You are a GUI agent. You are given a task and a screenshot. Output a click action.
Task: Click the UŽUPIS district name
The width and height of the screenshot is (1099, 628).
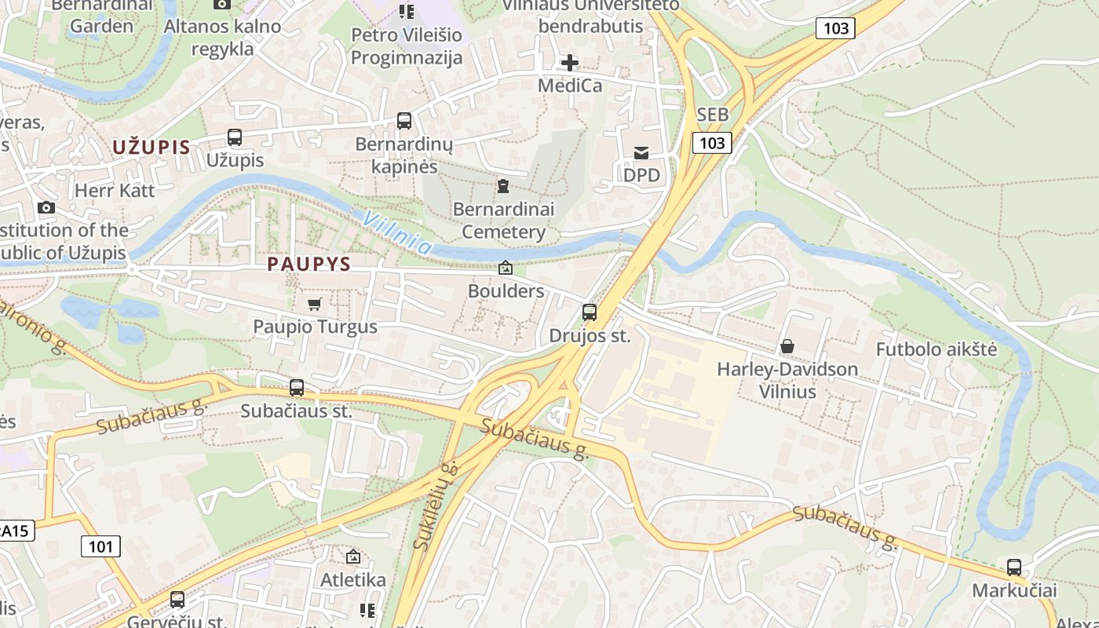point(151,147)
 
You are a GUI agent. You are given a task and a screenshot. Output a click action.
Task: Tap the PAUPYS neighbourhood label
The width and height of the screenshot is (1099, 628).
point(309,264)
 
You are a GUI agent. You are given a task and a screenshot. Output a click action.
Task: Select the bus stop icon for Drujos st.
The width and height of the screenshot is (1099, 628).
point(590,312)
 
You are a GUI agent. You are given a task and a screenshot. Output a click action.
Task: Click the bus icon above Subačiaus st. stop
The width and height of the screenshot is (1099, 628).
point(297,387)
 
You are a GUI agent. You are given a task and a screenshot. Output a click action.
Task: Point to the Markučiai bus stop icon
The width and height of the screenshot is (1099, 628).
point(1014,567)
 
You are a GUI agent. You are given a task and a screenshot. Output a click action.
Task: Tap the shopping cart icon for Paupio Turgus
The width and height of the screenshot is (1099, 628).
point(315,304)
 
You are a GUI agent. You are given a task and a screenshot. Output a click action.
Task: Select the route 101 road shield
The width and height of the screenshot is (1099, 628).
point(100,546)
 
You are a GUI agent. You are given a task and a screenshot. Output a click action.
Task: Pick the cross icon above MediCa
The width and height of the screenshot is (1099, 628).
point(570,63)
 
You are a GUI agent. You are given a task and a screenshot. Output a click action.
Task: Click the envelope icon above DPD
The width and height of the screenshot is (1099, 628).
point(641,153)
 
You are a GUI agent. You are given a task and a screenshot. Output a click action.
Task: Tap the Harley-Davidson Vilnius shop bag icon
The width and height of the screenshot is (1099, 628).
point(787,346)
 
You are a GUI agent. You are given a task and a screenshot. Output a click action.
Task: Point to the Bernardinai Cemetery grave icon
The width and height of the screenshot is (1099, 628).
point(502,186)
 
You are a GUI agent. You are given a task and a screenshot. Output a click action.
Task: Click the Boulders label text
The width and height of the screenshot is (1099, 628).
point(506,290)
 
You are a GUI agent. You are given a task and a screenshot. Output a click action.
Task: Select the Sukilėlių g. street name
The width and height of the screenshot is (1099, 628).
point(436,506)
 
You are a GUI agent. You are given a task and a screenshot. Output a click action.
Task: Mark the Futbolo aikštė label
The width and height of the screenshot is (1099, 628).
point(937,349)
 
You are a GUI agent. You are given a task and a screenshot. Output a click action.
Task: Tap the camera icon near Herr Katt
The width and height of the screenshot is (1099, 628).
point(46,207)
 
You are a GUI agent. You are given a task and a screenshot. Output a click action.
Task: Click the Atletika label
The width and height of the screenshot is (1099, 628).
point(353,580)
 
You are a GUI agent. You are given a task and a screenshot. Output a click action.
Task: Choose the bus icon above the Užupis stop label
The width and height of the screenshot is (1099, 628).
point(235,137)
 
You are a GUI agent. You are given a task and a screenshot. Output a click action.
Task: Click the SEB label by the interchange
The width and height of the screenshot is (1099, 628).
point(712,115)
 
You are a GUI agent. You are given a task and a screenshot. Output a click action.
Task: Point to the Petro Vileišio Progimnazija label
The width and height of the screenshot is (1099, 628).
point(407,46)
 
